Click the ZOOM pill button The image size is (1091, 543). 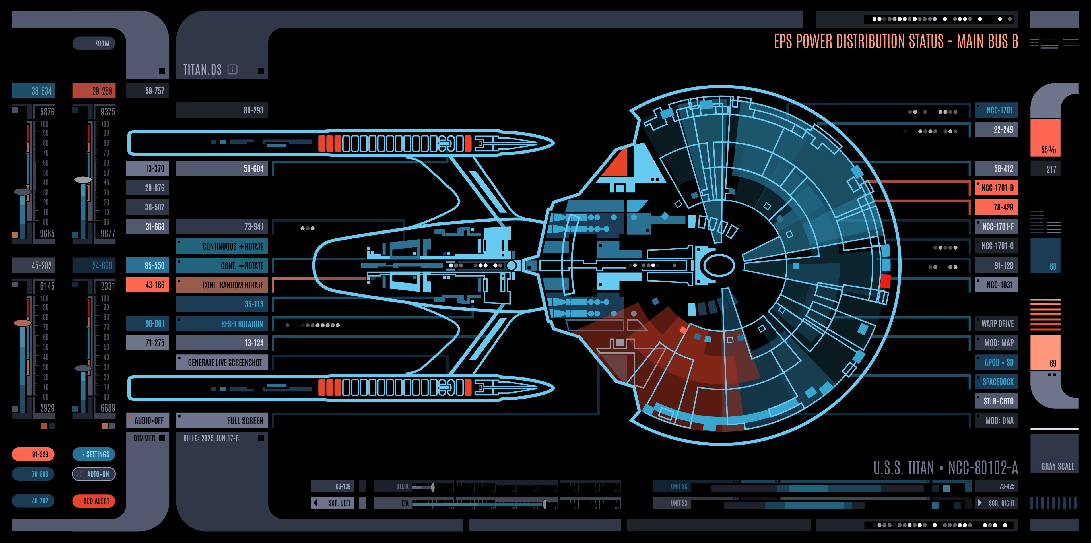(x=94, y=43)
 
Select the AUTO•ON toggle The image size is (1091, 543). (x=94, y=474)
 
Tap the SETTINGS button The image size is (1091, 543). (x=94, y=454)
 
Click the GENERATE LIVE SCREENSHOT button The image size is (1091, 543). (x=222, y=362)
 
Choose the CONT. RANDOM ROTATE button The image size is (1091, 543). (x=222, y=285)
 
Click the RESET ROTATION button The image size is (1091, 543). (x=222, y=324)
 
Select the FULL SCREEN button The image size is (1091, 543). (x=222, y=421)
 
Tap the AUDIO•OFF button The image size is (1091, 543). (x=148, y=421)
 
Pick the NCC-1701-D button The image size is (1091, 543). (x=997, y=188)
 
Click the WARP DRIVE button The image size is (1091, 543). (x=997, y=324)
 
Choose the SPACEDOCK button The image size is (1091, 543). (x=997, y=382)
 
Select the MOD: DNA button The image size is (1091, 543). (x=997, y=421)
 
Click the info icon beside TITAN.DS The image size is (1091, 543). (x=232, y=69)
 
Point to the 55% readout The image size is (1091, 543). (x=1048, y=150)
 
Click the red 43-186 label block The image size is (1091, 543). (x=148, y=285)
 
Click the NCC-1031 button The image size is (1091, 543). (x=997, y=285)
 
